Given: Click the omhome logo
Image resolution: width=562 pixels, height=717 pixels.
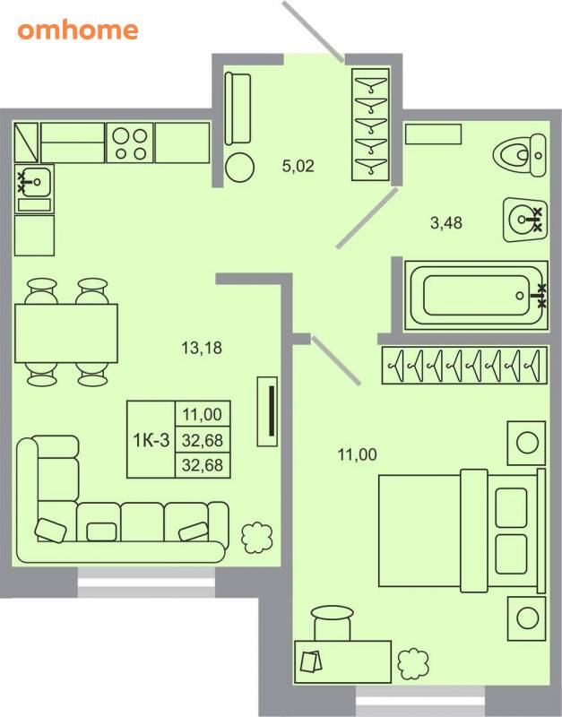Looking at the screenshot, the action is (x=78, y=30).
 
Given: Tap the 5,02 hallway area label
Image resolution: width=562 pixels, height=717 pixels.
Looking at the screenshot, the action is (x=298, y=166).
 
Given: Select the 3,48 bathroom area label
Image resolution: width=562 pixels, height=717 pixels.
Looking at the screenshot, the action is (x=445, y=222).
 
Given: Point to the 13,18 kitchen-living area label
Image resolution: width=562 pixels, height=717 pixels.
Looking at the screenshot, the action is (x=202, y=348).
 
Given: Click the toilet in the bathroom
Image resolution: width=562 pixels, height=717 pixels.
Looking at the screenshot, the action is (x=520, y=155).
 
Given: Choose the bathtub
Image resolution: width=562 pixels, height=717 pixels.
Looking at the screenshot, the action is (x=476, y=296).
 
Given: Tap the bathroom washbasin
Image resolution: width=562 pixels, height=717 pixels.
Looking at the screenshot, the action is (x=524, y=220).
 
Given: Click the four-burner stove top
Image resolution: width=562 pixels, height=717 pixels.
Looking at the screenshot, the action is (x=130, y=143).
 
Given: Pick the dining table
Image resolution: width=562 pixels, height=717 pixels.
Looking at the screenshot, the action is (x=66, y=333).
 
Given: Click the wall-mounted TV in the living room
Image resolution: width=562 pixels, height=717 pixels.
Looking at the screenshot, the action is (x=267, y=411).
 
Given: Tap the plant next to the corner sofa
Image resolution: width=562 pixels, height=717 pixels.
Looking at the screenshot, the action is (x=257, y=537).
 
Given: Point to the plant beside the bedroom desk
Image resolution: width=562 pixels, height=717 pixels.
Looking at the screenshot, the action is (x=413, y=663).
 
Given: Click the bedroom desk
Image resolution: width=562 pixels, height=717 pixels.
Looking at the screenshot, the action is (x=343, y=661).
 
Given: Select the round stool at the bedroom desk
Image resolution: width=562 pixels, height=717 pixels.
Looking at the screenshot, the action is (x=333, y=623).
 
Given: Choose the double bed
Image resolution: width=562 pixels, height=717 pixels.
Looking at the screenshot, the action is (x=462, y=531).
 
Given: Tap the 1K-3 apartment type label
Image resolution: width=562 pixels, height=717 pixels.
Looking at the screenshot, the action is (x=151, y=440).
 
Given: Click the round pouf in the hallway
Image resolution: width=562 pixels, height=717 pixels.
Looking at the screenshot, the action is (x=239, y=168).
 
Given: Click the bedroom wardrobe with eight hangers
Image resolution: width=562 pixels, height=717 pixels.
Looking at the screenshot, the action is (x=464, y=365).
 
